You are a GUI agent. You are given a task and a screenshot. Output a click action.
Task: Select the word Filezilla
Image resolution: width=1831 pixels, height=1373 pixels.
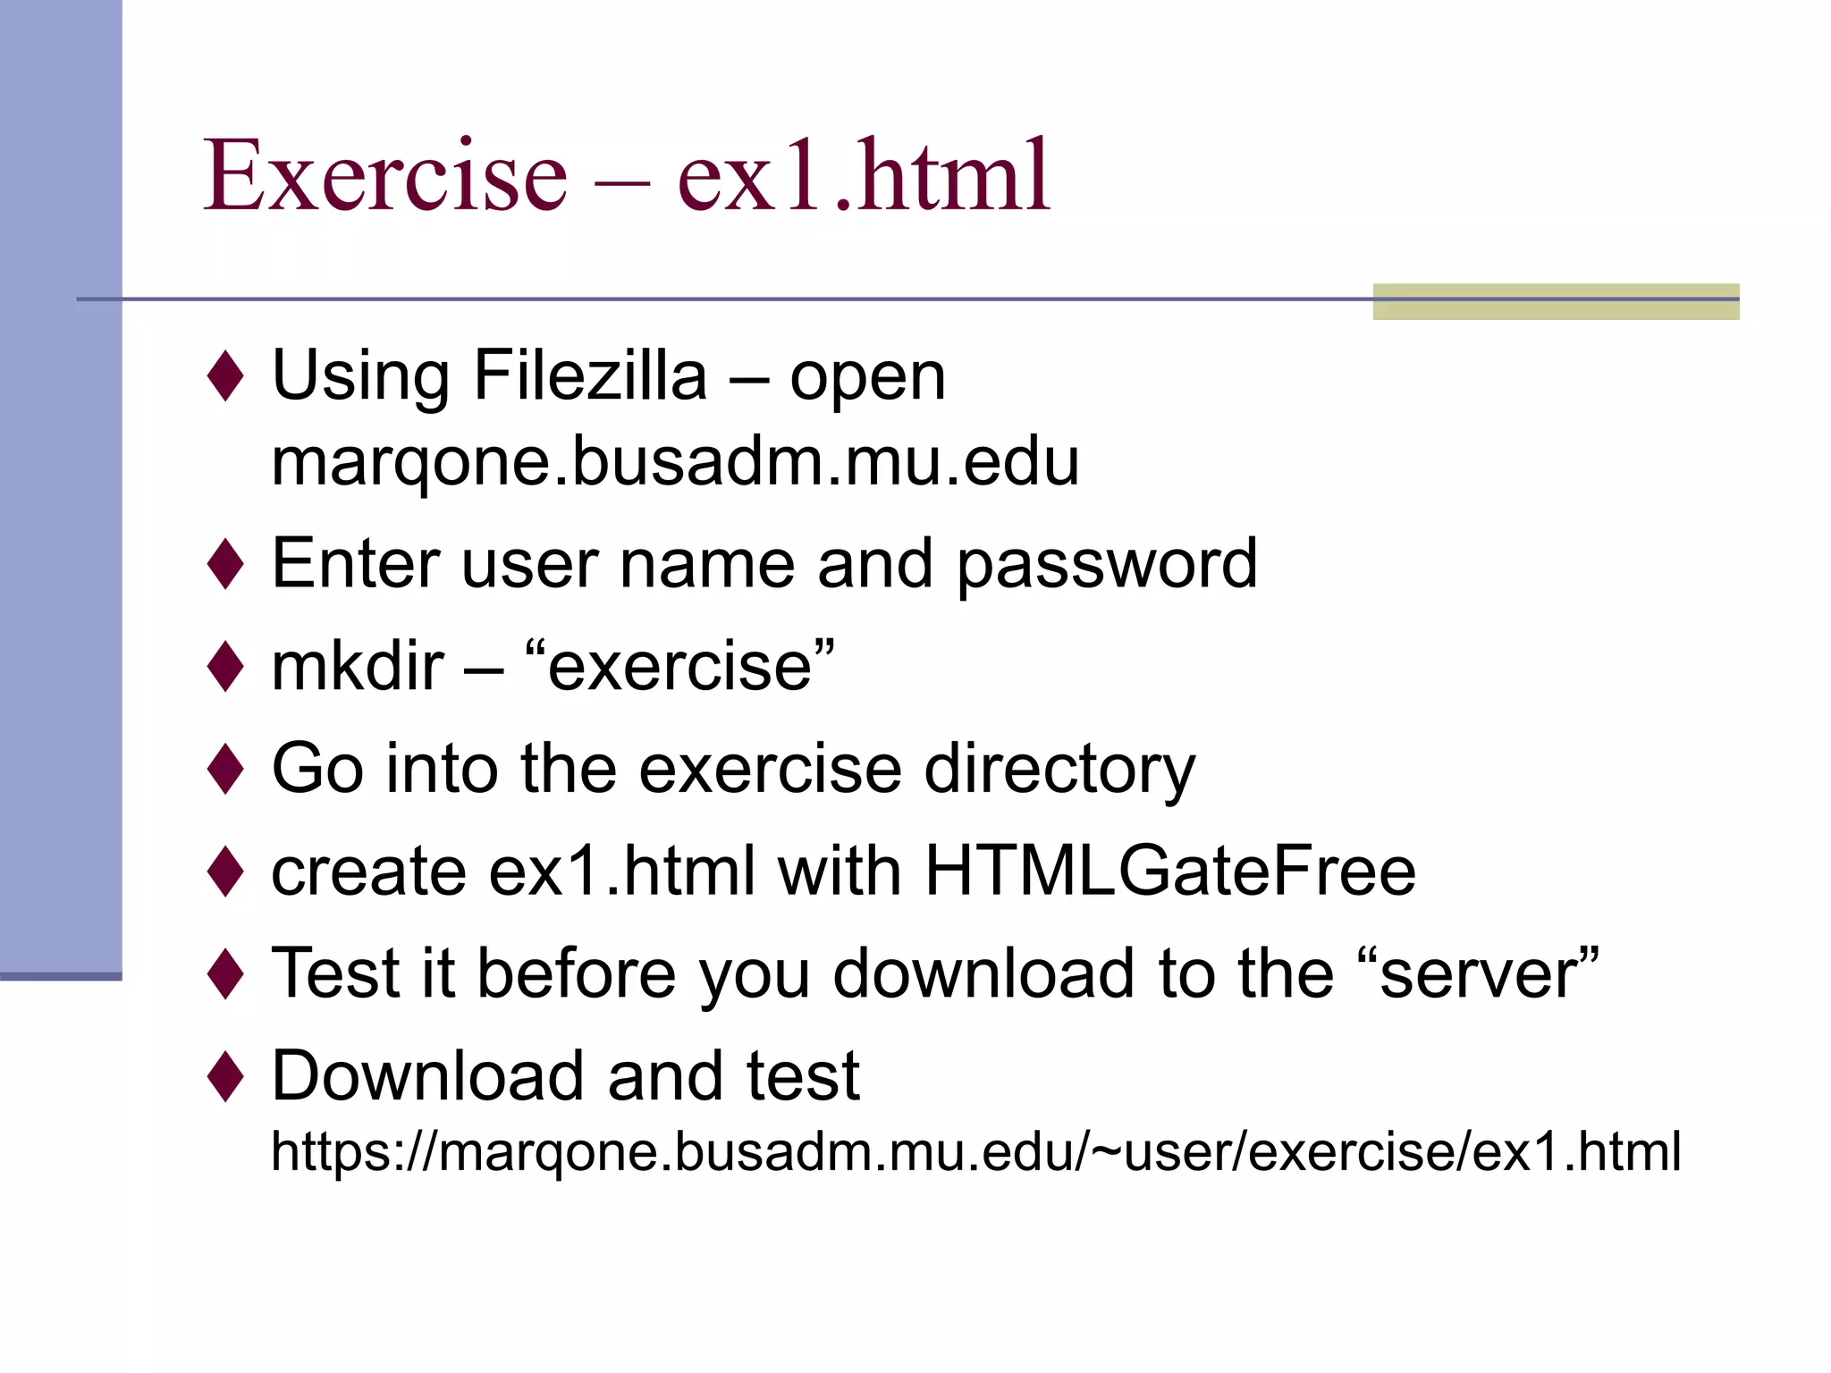tap(590, 376)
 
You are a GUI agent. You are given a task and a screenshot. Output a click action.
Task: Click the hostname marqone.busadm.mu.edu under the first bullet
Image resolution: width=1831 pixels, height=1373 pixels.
tap(675, 462)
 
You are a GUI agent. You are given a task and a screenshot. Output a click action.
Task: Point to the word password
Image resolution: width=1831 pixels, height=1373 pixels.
tap(1107, 565)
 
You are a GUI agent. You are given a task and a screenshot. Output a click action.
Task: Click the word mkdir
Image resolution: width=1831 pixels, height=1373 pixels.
tap(358, 667)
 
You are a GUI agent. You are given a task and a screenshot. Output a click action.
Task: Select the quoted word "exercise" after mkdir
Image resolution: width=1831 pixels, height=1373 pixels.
tap(680, 667)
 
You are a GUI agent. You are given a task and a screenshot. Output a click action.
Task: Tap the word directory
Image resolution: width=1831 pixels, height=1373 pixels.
tap(1059, 770)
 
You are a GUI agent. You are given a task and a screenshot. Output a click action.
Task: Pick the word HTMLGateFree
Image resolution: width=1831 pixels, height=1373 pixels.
tap(1169, 872)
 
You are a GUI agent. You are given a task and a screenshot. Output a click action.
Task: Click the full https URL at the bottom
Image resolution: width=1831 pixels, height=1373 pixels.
tap(975, 1151)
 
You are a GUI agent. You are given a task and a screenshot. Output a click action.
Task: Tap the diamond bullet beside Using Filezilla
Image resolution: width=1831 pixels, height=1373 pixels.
tap(225, 376)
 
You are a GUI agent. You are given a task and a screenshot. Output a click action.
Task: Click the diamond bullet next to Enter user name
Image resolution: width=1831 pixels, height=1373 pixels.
tap(225, 565)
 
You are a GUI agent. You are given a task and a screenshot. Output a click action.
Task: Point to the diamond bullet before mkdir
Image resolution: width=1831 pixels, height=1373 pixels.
tap(225, 667)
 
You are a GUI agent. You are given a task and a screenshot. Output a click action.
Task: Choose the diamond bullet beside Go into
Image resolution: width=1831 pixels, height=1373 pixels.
tap(225, 770)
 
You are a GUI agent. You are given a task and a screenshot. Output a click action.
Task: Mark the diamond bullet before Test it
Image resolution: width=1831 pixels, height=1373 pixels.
tap(225, 973)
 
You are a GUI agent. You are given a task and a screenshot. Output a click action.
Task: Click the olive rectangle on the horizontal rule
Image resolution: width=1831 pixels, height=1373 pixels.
tap(1556, 301)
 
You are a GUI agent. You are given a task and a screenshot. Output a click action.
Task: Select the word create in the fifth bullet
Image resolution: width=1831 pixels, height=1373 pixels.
tap(368, 873)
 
